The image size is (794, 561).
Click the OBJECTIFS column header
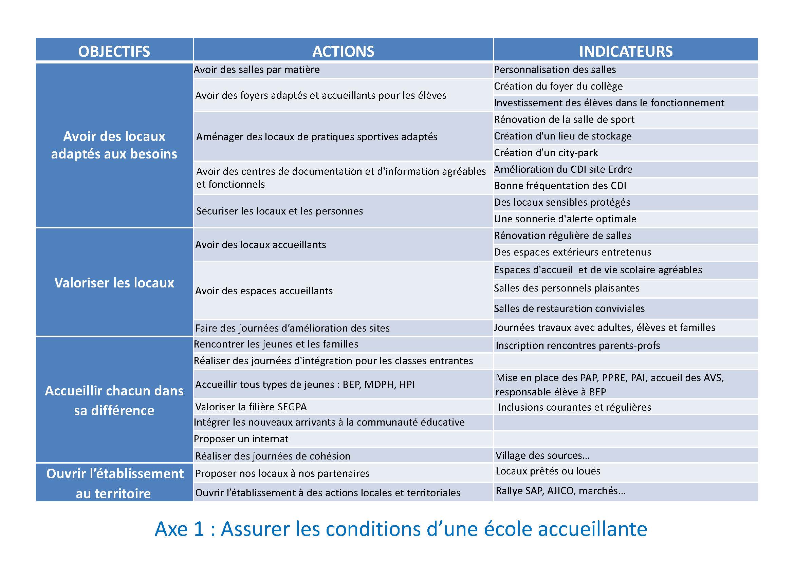(x=114, y=51)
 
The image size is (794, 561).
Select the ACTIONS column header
(x=343, y=51)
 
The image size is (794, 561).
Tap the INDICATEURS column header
(x=626, y=51)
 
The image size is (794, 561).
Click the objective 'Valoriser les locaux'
(x=114, y=283)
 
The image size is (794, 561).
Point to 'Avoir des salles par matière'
(x=257, y=70)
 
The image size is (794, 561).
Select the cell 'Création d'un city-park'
(x=546, y=153)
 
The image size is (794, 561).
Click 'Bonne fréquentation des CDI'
(x=560, y=186)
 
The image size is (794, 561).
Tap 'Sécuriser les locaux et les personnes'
(x=279, y=211)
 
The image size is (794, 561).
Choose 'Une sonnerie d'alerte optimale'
(x=565, y=219)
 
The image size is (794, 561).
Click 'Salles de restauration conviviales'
(x=569, y=308)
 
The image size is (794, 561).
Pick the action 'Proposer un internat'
(x=241, y=439)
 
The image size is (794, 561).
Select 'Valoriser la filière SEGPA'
(x=251, y=407)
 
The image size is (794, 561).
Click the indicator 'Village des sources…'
(x=542, y=455)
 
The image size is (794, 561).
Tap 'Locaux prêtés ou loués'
(x=548, y=471)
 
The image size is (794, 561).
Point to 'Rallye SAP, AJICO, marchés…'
(x=560, y=491)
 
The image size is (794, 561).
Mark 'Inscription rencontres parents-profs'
(x=577, y=345)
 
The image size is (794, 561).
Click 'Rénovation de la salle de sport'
(x=564, y=119)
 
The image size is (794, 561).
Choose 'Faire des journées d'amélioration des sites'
(x=292, y=328)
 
